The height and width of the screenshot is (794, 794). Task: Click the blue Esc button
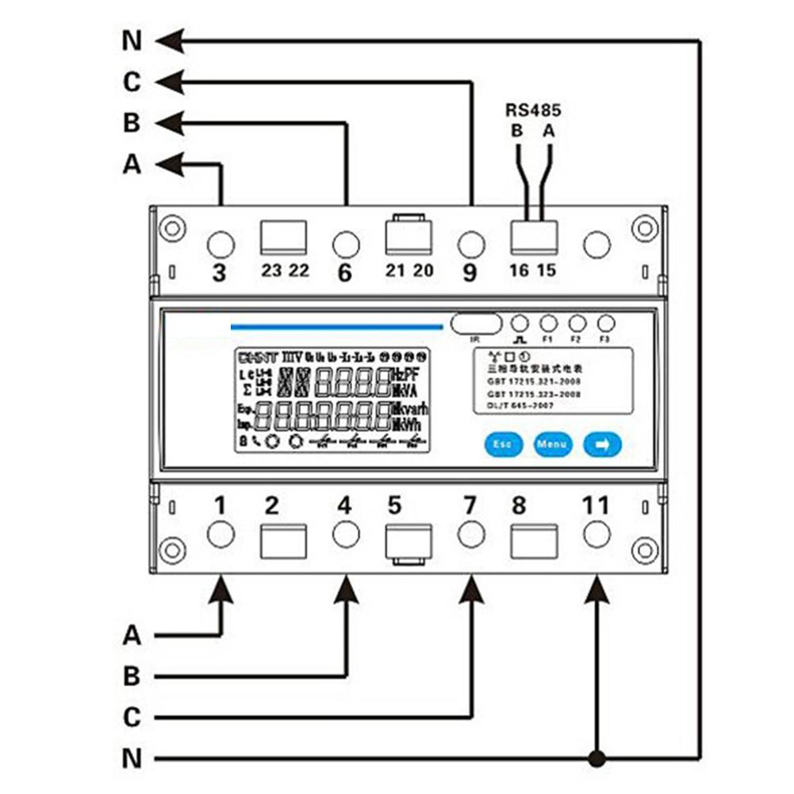click(x=501, y=444)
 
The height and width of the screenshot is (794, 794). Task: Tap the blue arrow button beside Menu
click(x=602, y=444)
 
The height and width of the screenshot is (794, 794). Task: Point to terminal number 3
click(x=220, y=273)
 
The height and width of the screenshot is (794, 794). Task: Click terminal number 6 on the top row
click(x=344, y=273)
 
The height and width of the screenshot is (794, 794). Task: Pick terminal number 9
click(x=470, y=273)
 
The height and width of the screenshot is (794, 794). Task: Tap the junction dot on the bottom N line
click(x=596, y=757)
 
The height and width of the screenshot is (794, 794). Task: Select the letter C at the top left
click(x=132, y=82)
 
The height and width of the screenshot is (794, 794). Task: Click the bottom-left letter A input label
click(x=132, y=635)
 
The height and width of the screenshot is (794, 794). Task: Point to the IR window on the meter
click(x=476, y=324)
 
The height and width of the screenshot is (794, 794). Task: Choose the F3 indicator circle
click(x=605, y=324)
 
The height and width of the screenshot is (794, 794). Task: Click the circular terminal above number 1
click(x=220, y=534)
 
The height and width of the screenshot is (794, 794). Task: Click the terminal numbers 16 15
click(x=532, y=270)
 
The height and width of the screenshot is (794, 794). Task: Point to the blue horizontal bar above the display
click(x=336, y=325)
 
